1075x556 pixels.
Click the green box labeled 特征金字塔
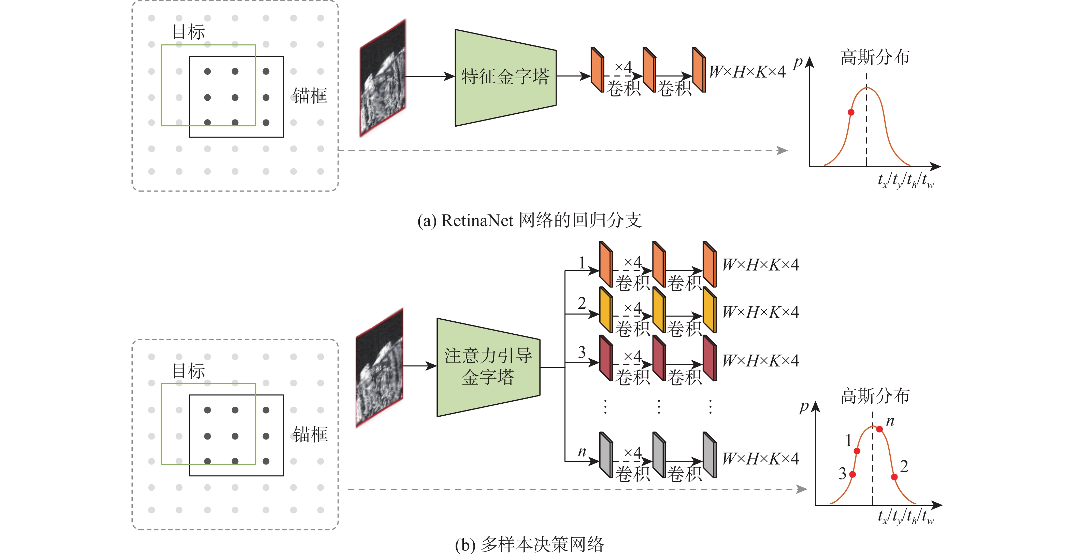(505, 77)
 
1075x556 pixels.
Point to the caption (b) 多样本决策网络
(529, 544)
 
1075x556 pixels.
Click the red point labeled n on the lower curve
(879, 429)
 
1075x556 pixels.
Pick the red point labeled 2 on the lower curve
(894, 477)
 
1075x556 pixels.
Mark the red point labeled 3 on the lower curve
(852, 474)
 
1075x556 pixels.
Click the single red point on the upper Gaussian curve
(851, 112)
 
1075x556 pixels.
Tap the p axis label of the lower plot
(804, 406)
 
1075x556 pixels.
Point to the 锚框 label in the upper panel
(310, 96)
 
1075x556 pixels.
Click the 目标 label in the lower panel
(189, 371)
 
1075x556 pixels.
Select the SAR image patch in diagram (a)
(383, 78)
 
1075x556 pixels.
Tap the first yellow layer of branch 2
(605, 309)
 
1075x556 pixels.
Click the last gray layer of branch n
(709, 455)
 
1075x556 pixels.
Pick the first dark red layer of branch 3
(605, 358)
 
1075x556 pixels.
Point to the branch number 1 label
(582, 263)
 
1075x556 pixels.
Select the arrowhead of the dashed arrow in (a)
(782, 150)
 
